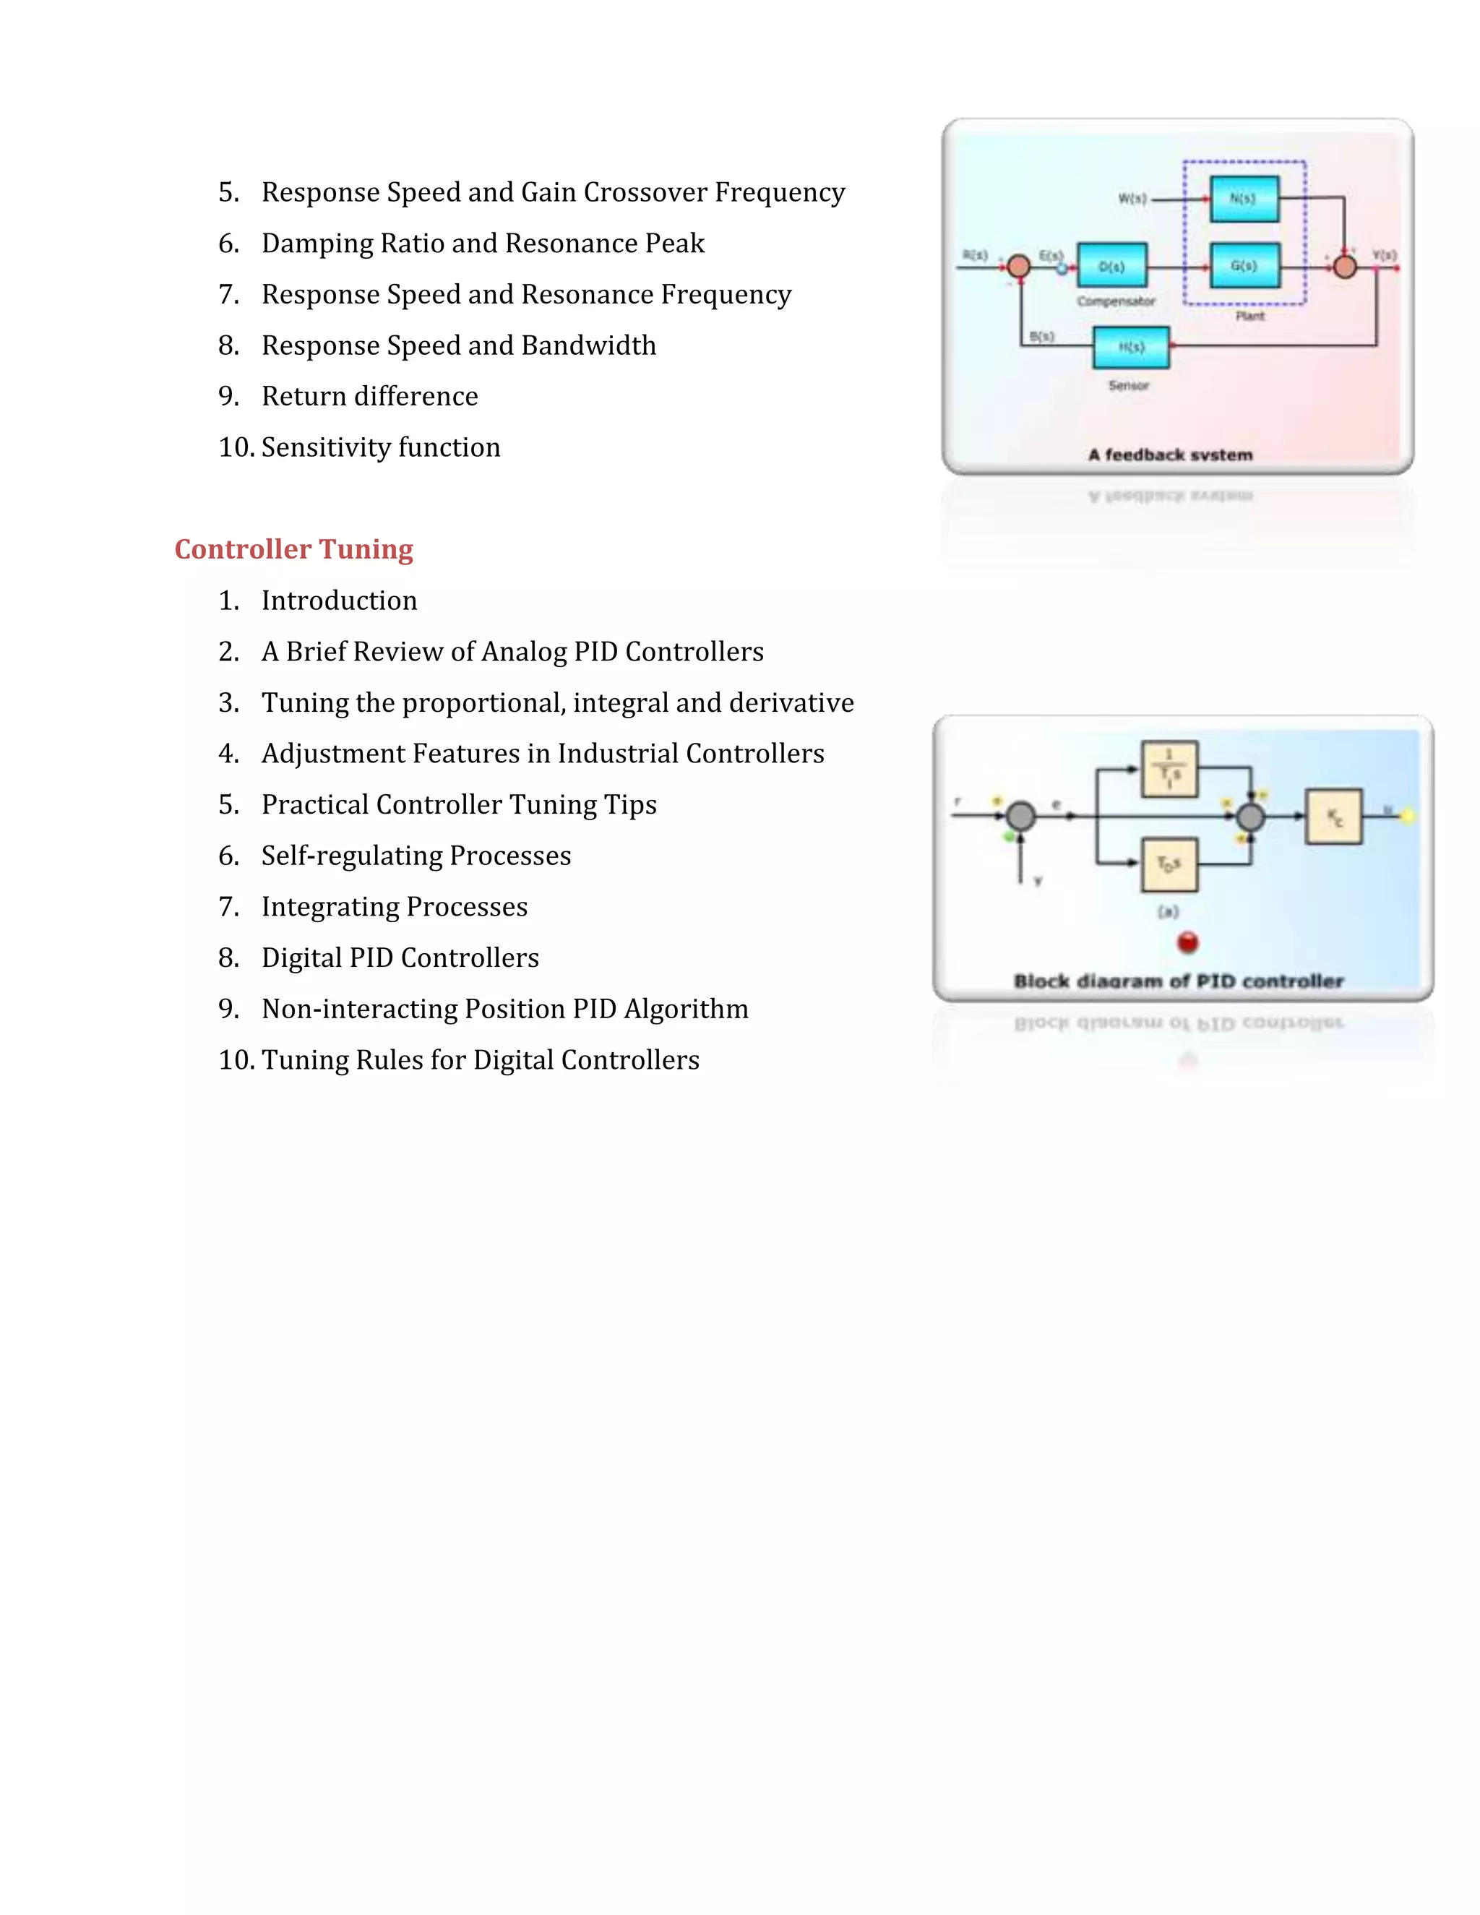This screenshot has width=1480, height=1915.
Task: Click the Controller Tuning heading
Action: pos(293,549)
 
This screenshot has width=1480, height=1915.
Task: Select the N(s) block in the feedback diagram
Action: pos(1243,199)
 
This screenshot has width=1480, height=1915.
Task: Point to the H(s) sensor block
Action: pos(1131,347)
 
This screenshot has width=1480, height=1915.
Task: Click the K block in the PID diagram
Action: pos(1333,817)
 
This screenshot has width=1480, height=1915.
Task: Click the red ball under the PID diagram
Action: pos(1188,942)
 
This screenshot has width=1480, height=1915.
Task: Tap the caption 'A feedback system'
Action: pos(1171,455)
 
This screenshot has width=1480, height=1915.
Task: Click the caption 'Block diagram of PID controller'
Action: pos(1179,981)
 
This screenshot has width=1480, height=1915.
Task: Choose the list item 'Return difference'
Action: pos(369,396)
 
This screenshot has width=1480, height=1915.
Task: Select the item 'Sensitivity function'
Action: pos(381,447)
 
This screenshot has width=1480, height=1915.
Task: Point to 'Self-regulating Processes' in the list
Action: pos(416,856)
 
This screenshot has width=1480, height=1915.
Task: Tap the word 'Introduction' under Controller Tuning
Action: pos(340,601)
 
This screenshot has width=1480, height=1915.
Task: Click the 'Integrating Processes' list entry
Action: pos(395,907)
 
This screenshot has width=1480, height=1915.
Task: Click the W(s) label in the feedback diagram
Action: pos(1132,199)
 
